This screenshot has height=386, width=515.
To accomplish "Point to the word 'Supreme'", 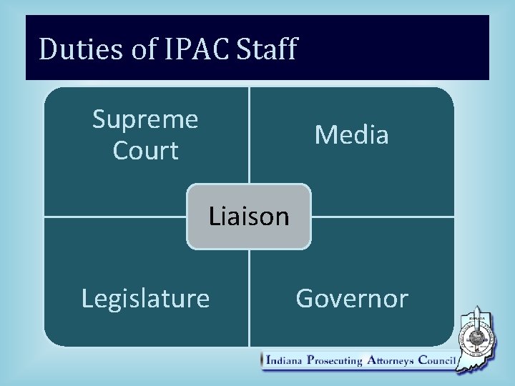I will click(x=145, y=119).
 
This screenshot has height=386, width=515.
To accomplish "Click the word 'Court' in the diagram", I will click(x=145, y=151).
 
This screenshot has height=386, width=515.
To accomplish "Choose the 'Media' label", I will click(x=351, y=134).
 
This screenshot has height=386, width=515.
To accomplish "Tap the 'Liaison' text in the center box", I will click(x=249, y=216).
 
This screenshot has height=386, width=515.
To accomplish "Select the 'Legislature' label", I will click(x=145, y=298).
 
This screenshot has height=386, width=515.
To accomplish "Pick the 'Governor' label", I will click(x=351, y=298).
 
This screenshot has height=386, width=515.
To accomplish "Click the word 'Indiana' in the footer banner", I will click(x=284, y=361).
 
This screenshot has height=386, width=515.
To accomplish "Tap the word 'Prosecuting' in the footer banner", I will click(x=334, y=361).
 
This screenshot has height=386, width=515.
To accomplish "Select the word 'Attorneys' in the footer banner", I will click(x=391, y=361).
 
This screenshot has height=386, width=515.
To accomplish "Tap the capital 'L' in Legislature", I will click(x=87, y=298).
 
